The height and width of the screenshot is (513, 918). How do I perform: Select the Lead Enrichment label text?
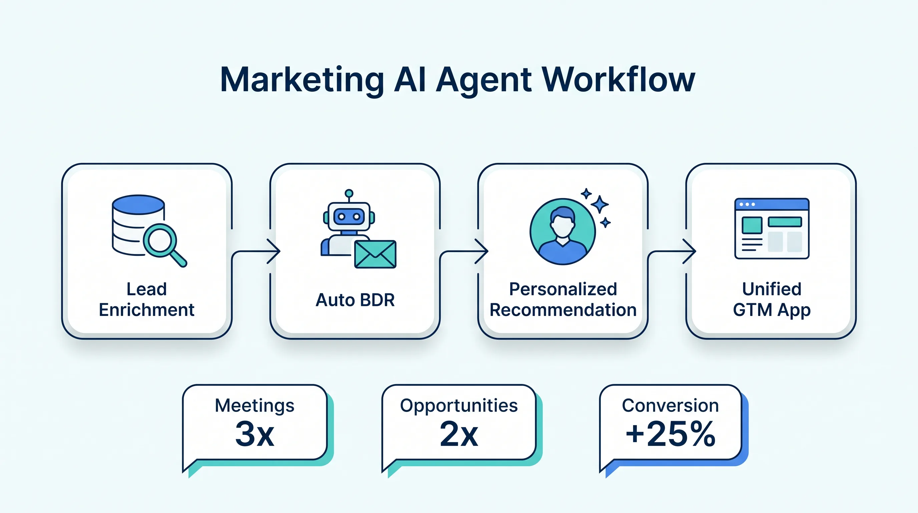(146, 299)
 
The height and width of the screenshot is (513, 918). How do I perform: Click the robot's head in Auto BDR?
(349, 216)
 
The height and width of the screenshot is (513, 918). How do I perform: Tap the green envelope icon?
(375, 254)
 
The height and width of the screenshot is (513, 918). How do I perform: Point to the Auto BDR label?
(355, 300)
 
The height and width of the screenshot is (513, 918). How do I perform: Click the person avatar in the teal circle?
(562, 231)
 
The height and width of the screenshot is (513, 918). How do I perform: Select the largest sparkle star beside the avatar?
(600, 204)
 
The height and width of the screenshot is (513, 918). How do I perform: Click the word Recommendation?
(563, 310)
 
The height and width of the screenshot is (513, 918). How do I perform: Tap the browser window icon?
(772, 228)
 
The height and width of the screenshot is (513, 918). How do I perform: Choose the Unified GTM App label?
(772, 299)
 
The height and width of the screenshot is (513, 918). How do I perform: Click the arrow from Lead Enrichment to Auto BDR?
(256, 252)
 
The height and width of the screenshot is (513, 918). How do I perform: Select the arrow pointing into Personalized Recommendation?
(464, 252)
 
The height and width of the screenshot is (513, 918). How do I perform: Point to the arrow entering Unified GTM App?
(672, 252)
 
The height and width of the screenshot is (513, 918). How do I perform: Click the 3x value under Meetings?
(255, 434)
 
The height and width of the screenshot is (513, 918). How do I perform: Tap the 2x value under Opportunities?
(459, 434)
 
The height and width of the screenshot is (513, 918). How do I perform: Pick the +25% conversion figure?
(670, 434)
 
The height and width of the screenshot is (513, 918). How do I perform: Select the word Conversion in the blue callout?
(670, 405)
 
